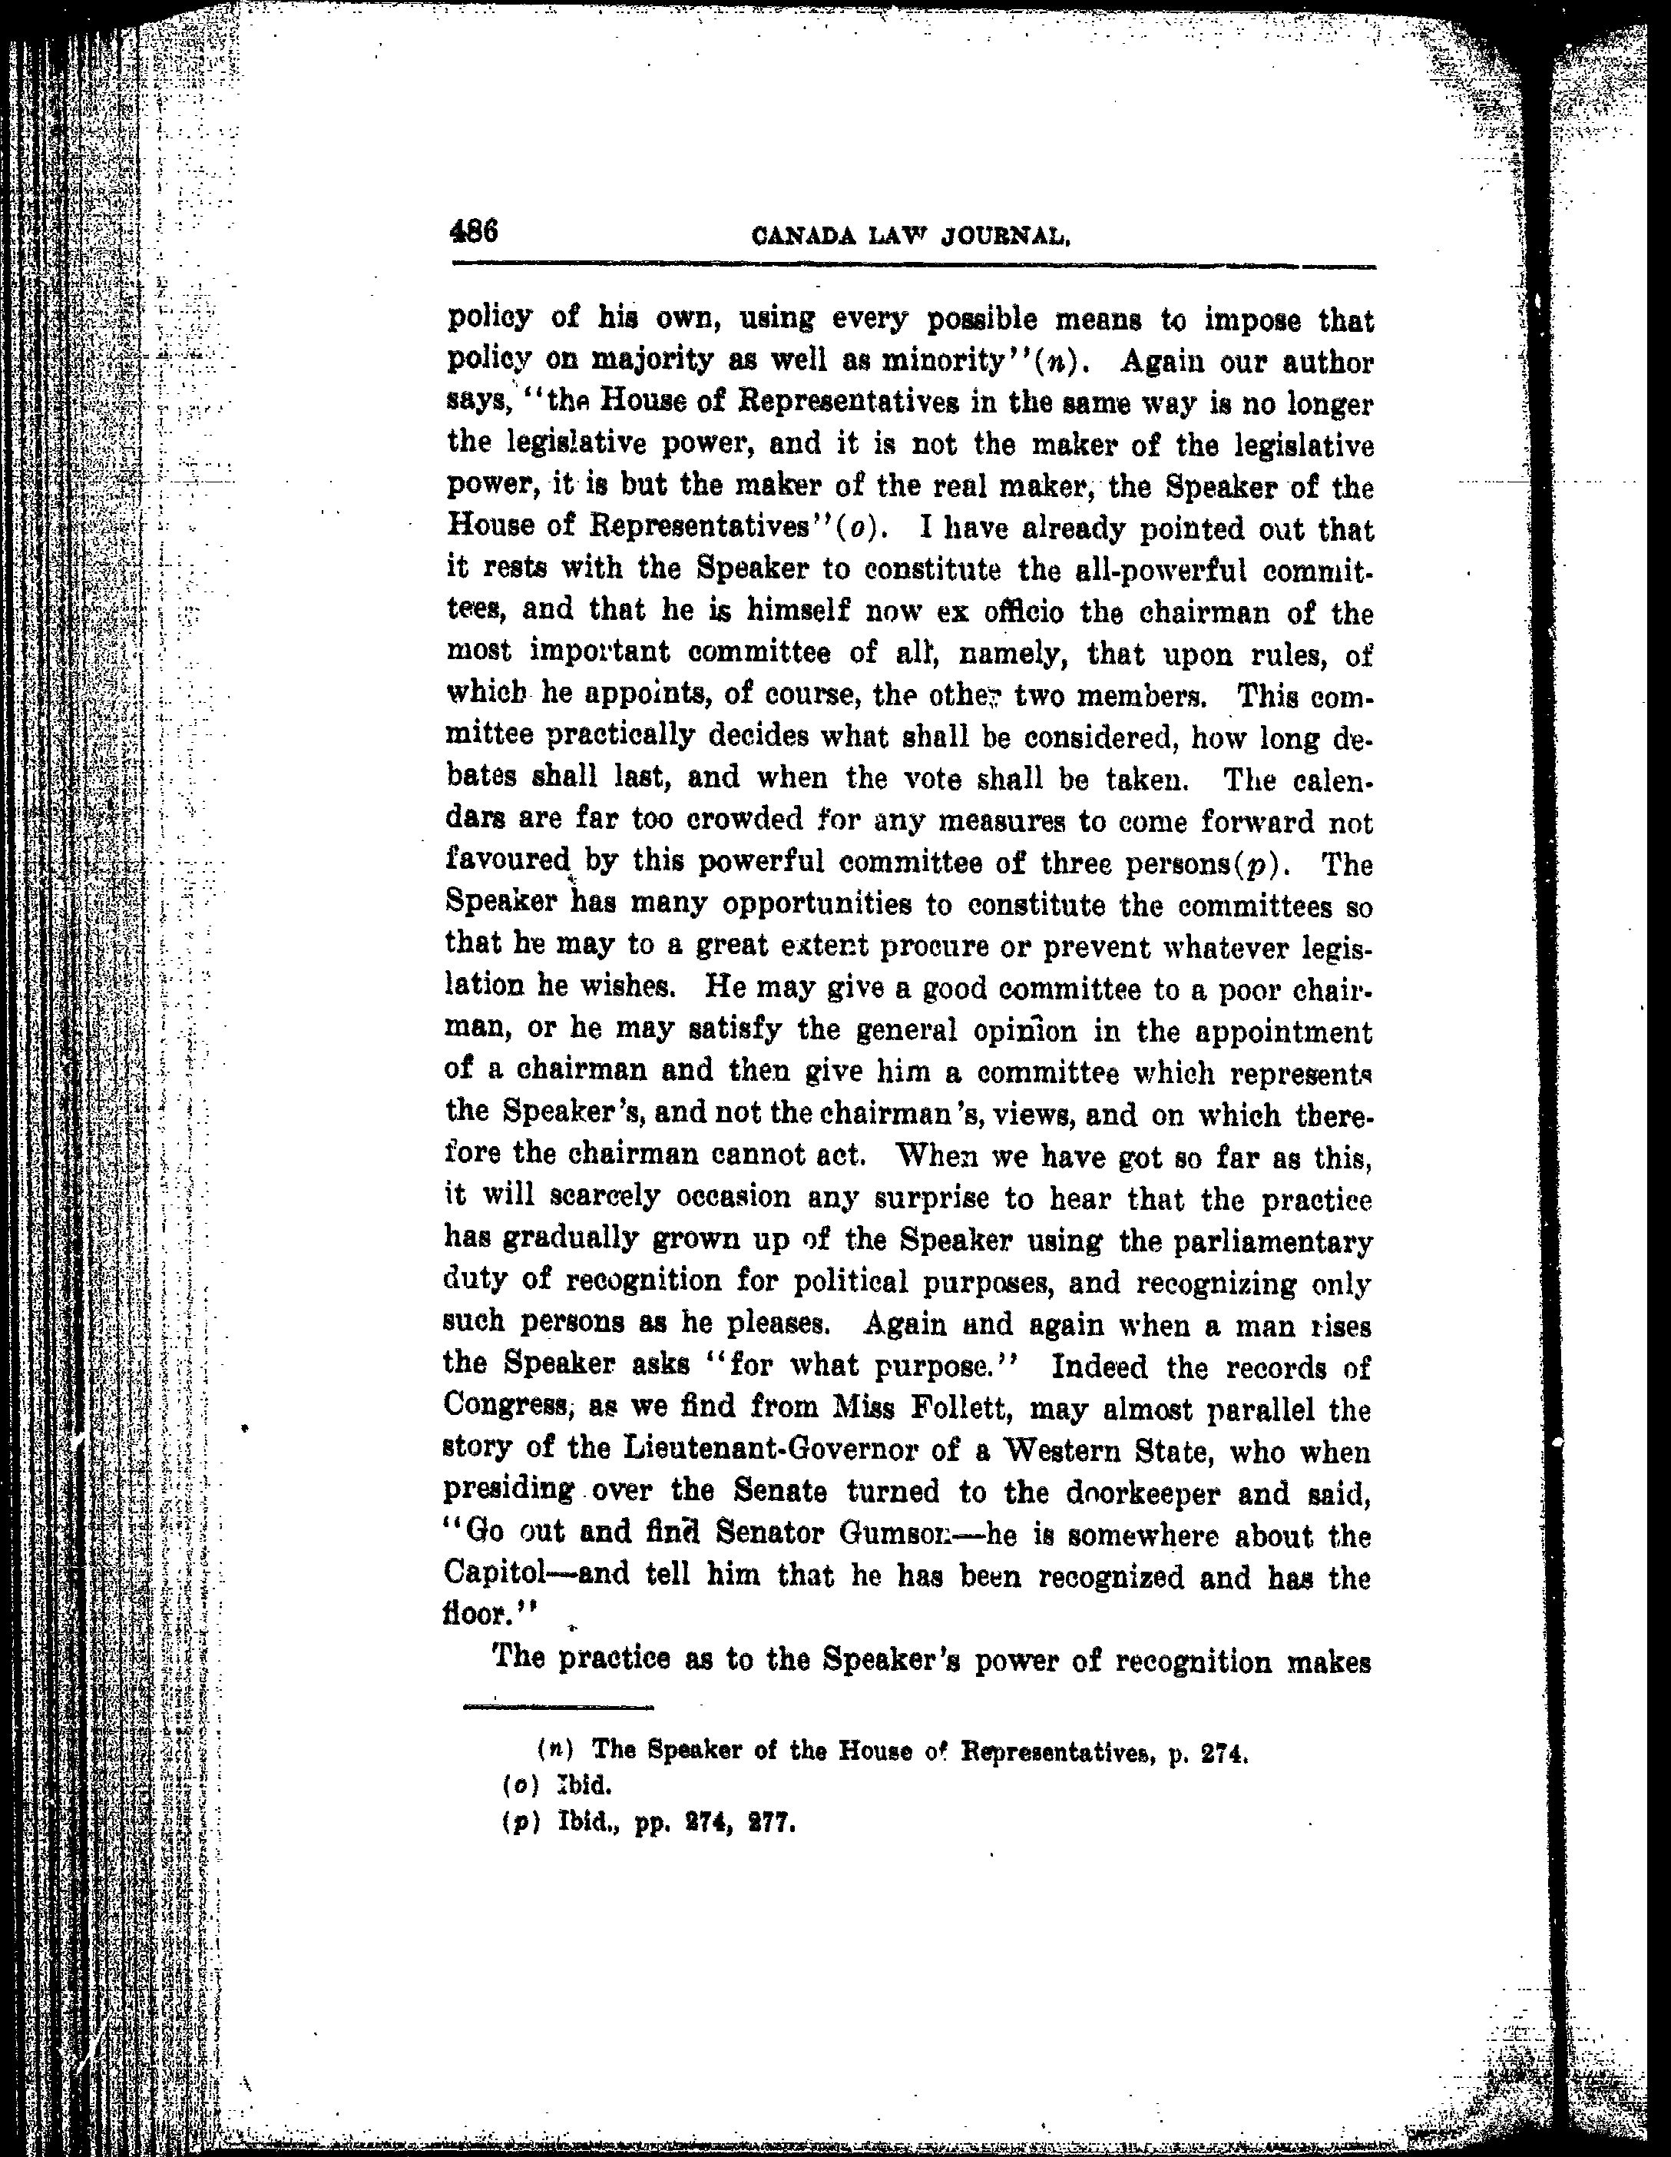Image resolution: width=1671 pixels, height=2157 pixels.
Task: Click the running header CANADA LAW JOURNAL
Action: pyautogui.click(x=911, y=237)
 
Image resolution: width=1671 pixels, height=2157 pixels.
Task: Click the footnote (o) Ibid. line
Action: pyautogui.click(x=558, y=1786)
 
